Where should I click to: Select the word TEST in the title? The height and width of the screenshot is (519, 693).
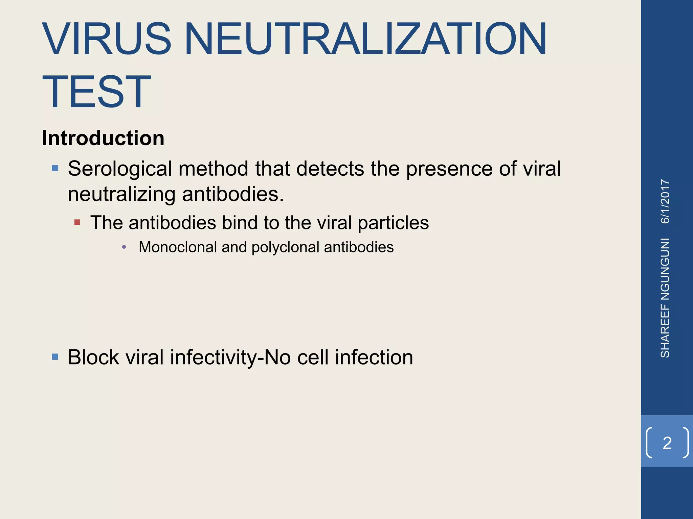pyautogui.click(x=96, y=92)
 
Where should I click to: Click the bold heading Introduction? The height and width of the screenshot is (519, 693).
pyautogui.click(x=103, y=138)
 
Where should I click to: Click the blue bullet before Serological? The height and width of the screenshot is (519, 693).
pyautogui.click(x=55, y=168)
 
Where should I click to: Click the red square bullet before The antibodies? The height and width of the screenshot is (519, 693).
pyautogui.click(x=77, y=222)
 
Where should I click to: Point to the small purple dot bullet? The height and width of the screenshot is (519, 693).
pyautogui.click(x=124, y=247)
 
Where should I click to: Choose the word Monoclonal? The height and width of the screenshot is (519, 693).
pyautogui.click(x=178, y=247)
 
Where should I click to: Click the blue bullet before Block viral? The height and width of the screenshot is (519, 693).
pyautogui.click(x=55, y=356)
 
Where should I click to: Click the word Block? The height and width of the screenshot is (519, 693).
pyautogui.click(x=93, y=357)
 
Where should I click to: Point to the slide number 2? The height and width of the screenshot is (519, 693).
pyautogui.click(x=667, y=443)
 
